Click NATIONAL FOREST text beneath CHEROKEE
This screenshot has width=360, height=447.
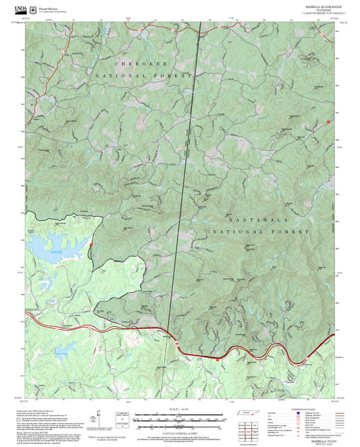pyautogui.click(x=144, y=76)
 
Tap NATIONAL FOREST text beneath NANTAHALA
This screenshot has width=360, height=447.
pyautogui.click(x=257, y=232)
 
